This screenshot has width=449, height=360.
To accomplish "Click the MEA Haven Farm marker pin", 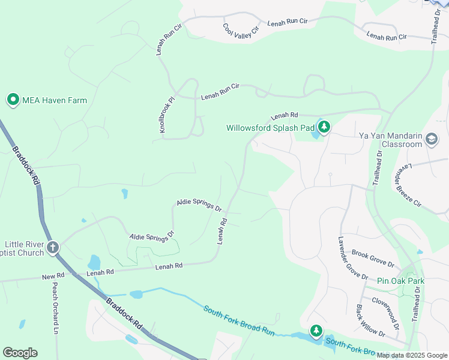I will pos(13,100).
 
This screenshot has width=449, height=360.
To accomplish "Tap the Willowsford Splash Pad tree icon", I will pos(324,127).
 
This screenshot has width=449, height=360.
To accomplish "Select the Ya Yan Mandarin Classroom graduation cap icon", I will pos(431,140).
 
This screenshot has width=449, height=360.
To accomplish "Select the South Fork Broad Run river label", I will pos(239,322).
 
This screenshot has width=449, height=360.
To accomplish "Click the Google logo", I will pos(20,353).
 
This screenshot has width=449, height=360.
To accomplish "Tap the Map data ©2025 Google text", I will pos(412,355).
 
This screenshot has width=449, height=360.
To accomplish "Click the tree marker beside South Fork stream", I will pos(316,331).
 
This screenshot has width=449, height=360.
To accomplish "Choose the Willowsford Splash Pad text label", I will pos(270,128).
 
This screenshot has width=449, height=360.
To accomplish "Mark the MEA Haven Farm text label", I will pos(55,100).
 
